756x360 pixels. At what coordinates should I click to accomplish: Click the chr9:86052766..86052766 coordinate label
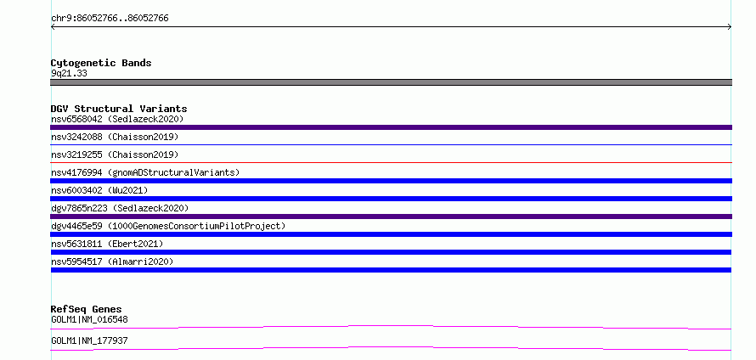(x=110, y=19)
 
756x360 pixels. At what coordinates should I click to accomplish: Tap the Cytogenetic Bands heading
(x=101, y=63)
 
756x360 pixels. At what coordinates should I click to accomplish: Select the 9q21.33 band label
(x=69, y=74)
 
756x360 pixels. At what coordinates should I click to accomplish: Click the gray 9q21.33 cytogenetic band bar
(x=391, y=82)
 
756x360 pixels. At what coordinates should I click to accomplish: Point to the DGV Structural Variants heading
(x=119, y=109)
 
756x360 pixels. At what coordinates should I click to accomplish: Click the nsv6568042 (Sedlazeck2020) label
(x=117, y=119)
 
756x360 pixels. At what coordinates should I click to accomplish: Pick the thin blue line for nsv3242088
(x=391, y=144)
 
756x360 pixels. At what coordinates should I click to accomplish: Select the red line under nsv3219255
(x=391, y=162)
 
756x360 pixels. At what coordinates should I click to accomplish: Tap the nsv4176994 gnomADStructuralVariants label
(x=145, y=172)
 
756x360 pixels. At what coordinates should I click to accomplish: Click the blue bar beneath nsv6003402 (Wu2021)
(x=391, y=199)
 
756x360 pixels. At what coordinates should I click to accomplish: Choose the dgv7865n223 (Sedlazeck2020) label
(x=120, y=208)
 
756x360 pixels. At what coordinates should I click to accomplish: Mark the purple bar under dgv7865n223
(x=391, y=217)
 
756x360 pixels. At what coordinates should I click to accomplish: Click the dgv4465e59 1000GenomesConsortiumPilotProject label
(x=168, y=226)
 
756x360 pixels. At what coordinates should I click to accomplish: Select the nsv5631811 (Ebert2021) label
(x=107, y=244)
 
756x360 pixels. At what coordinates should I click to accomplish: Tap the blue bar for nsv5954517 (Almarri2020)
(x=391, y=270)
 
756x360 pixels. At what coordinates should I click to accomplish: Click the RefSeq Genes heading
(x=87, y=309)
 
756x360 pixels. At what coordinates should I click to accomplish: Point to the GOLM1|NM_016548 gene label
(x=89, y=319)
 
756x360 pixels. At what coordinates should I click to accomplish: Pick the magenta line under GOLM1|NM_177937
(x=391, y=348)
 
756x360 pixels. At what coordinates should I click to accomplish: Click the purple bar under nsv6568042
(x=391, y=127)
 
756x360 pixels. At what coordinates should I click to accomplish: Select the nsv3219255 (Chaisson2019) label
(x=115, y=155)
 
